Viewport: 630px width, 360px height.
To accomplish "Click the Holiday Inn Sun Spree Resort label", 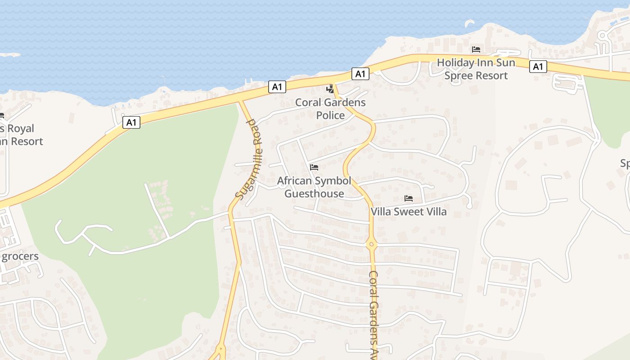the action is [476, 69].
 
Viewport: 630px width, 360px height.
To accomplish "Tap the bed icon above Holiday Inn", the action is [476, 49].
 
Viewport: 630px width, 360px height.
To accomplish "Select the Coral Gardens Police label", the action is [330, 109].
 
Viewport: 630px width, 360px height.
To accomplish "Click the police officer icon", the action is [330, 89].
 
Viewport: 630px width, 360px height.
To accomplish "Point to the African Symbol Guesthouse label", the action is [314, 187].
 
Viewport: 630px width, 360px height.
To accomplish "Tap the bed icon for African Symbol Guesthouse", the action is [314, 167].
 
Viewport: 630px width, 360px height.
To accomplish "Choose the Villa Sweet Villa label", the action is [409, 211].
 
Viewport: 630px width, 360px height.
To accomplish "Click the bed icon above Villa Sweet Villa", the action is [409, 198].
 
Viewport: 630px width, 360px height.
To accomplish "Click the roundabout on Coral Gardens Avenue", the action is [371, 245].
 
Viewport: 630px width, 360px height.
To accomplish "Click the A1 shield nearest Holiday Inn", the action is [538, 67].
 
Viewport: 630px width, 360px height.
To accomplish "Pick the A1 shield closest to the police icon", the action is [360, 74].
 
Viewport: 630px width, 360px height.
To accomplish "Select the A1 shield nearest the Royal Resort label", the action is [131, 122].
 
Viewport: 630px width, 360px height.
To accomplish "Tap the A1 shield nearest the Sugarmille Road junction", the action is [277, 87].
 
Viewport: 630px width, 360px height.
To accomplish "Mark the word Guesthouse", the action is [314, 194].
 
